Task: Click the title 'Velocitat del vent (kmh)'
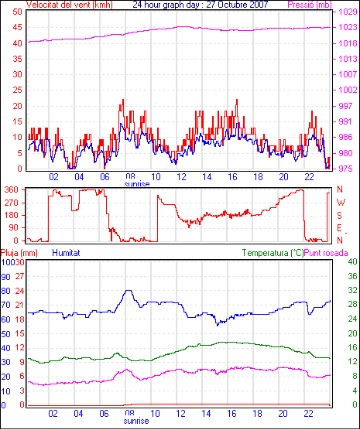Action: click(69, 5)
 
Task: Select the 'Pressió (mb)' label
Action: click(310, 5)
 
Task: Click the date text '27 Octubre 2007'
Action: click(237, 5)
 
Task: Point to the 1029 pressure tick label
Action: click(348, 12)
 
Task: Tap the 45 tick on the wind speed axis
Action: click(17, 27)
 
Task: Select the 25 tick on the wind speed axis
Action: click(17, 90)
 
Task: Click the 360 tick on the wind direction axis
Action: click(12, 189)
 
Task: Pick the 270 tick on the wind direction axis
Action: click(12, 203)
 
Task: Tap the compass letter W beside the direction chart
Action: click(341, 203)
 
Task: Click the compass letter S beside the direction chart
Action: click(340, 216)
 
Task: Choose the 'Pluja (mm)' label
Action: click(19, 253)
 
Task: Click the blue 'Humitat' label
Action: click(66, 253)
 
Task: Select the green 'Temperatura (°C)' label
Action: click(273, 253)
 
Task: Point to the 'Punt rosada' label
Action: click(326, 253)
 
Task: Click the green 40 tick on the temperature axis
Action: click(352, 262)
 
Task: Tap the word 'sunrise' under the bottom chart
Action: click(136, 421)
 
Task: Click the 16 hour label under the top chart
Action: click(232, 177)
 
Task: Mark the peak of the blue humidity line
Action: click(128, 290)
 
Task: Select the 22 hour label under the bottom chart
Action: click(309, 413)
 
